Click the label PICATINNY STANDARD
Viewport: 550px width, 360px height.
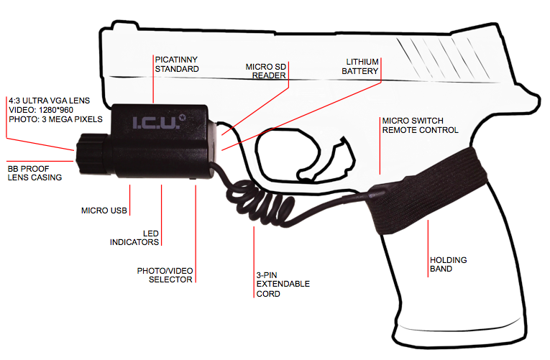(177, 63)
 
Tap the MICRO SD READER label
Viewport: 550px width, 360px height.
(266, 70)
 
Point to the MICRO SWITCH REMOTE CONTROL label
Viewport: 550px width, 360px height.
(420, 125)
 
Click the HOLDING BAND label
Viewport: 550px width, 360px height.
(448, 264)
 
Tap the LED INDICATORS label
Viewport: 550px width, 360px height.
(134, 238)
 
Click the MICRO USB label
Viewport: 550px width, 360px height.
(104, 211)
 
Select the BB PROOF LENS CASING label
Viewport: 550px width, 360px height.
(34, 172)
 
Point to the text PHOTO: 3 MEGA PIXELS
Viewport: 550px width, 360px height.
(55, 119)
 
